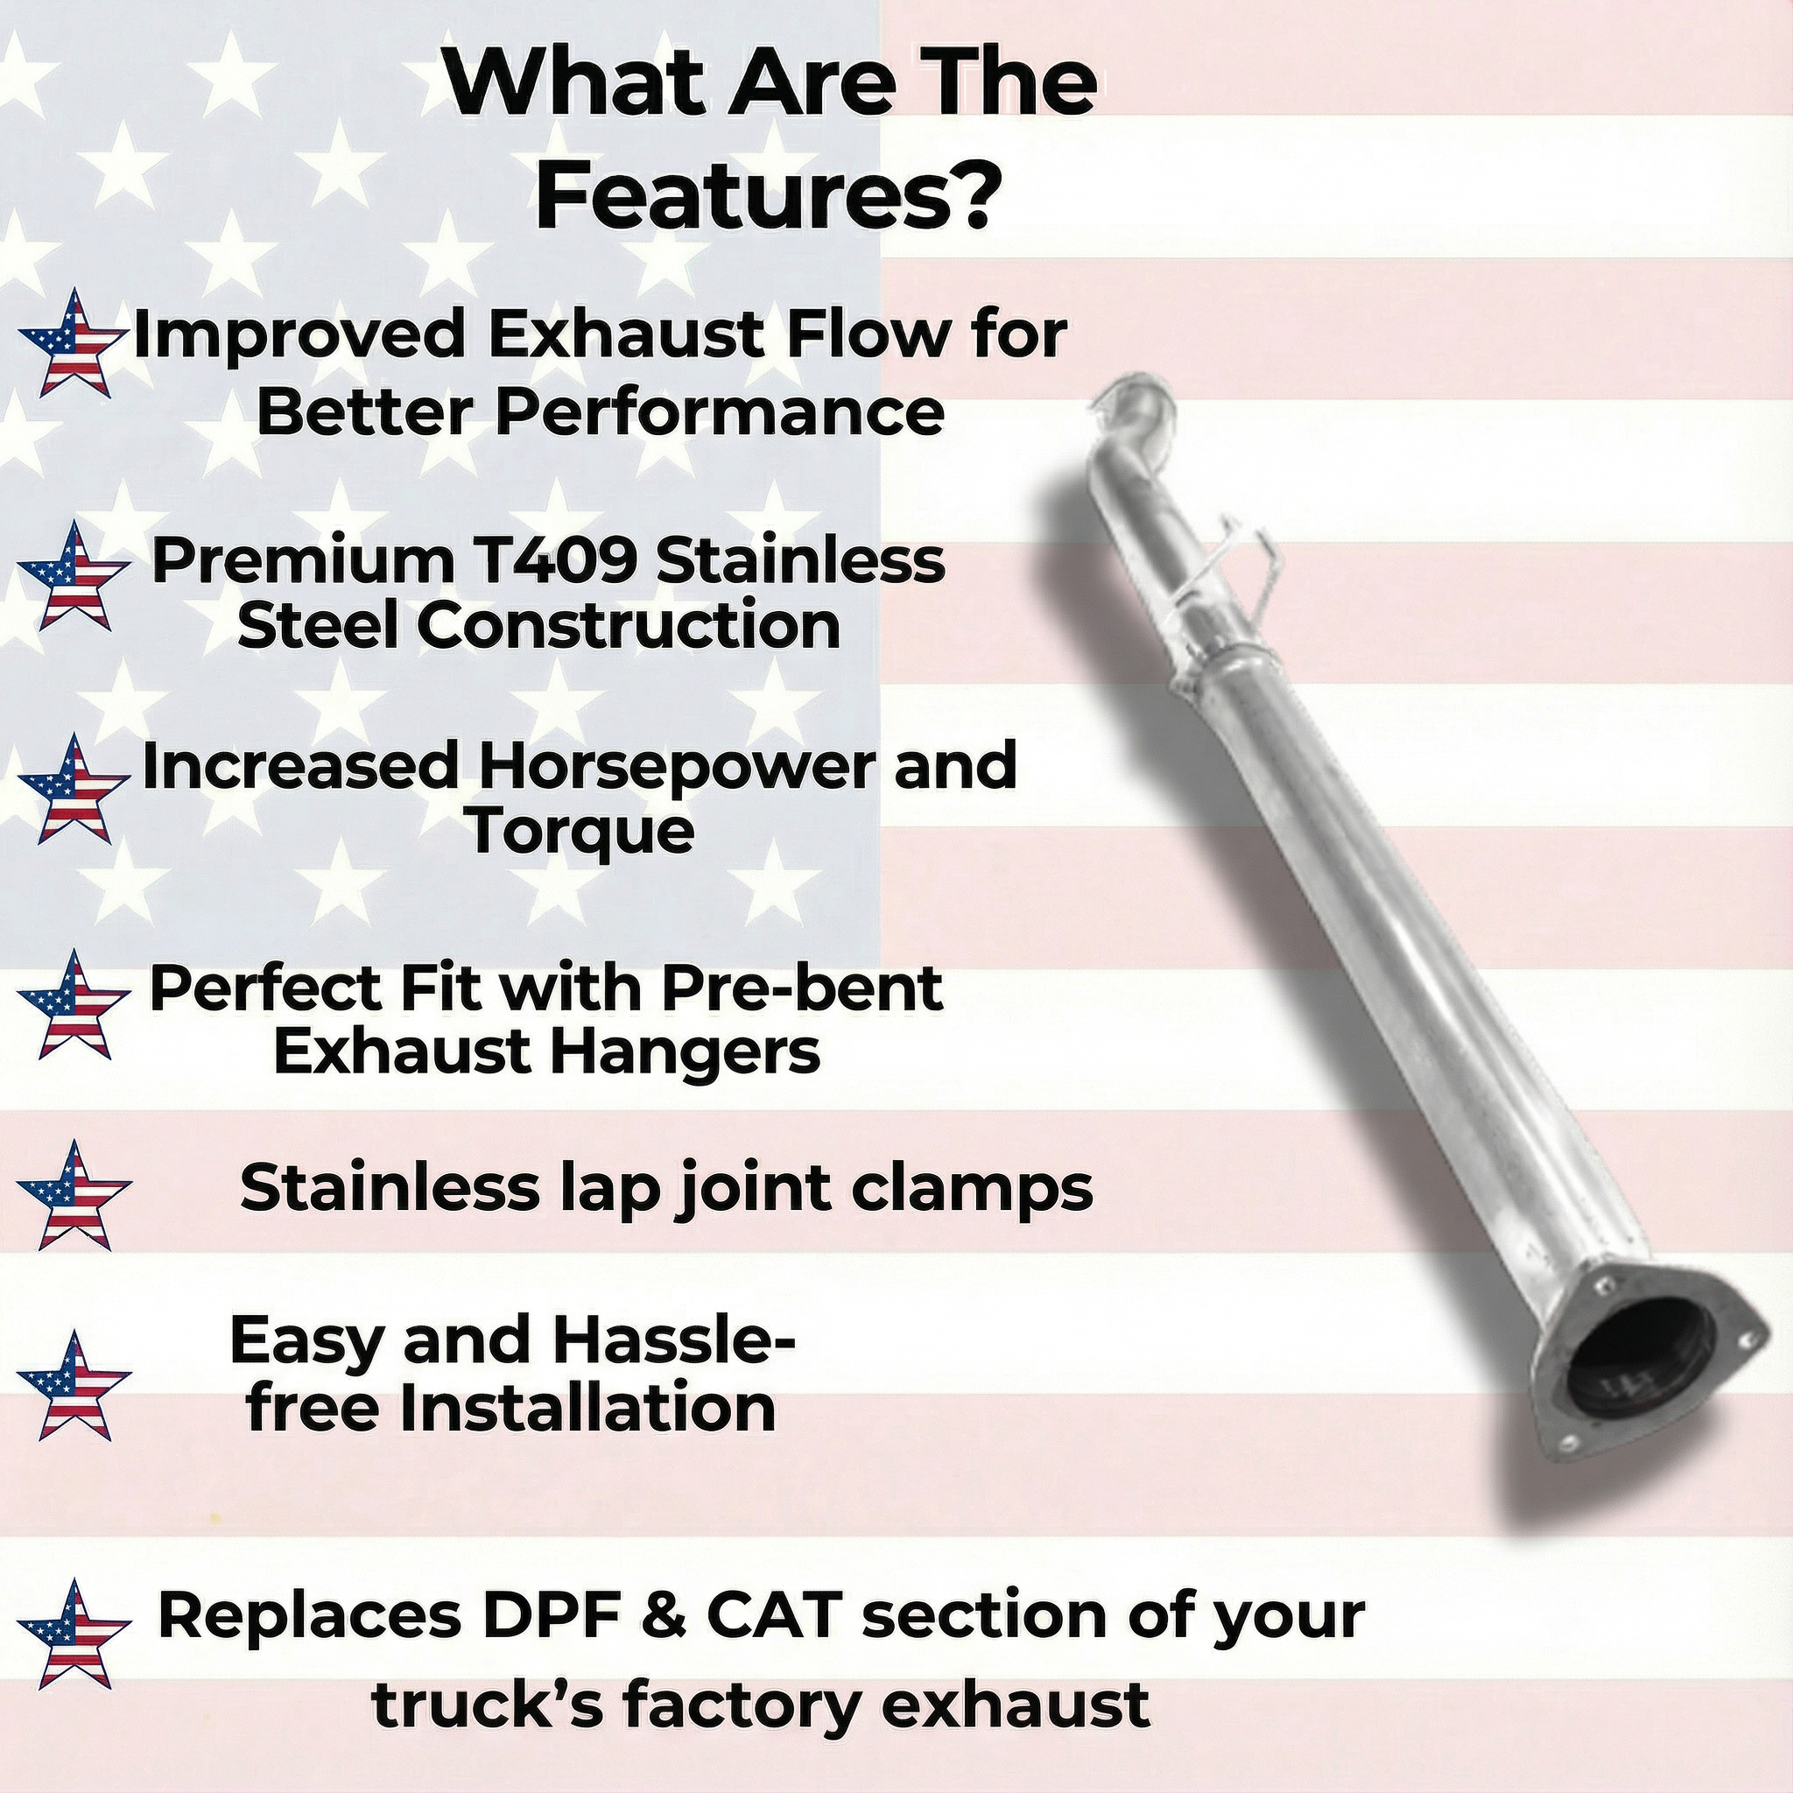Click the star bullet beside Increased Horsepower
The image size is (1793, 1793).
pyautogui.click(x=73, y=789)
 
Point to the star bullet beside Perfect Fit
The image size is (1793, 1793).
pyautogui.click(x=73, y=1006)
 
